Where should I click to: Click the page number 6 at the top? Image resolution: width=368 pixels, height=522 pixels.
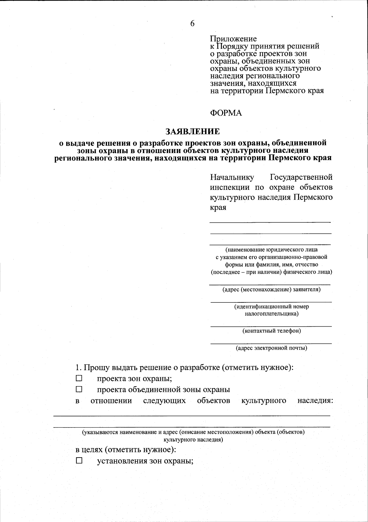(x=192, y=24)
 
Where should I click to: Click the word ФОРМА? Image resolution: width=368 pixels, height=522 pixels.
(x=226, y=113)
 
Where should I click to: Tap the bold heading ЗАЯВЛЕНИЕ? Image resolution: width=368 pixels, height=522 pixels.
(x=193, y=132)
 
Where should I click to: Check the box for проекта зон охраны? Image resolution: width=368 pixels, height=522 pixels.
(x=79, y=378)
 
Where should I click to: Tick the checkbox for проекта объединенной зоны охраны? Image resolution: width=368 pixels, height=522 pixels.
(x=79, y=390)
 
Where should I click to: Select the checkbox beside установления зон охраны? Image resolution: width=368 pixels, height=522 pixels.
(x=79, y=461)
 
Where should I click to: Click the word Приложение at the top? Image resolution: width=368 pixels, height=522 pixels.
(x=233, y=39)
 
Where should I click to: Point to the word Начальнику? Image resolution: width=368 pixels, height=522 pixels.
(x=232, y=177)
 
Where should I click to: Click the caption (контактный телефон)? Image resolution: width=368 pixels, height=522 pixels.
(x=271, y=331)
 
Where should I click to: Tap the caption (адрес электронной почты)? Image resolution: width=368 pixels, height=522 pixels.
(x=271, y=348)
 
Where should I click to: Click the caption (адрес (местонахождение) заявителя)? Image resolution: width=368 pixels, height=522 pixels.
(x=271, y=290)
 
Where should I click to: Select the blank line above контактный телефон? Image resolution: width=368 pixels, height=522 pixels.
(x=271, y=326)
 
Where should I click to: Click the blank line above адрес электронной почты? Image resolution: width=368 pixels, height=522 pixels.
(x=271, y=343)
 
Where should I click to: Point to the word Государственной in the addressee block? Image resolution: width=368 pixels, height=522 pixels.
(x=301, y=177)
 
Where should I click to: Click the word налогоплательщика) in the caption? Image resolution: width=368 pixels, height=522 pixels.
(x=271, y=314)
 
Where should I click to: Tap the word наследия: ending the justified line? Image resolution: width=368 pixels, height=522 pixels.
(x=315, y=401)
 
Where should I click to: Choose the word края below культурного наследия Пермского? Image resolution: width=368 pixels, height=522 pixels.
(x=218, y=208)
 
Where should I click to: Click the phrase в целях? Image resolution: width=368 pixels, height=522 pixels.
(x=89, y=450)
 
